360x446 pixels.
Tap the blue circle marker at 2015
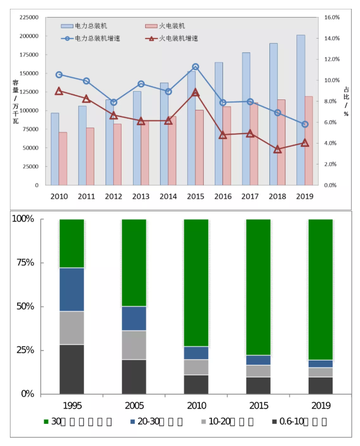pyautogui.click(x=195, y=67)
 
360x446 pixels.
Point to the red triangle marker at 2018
pyautogui.click(x=277, y=150)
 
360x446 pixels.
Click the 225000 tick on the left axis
pyautogui.click(x=28, y=17)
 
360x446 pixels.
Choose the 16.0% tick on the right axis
pyautogui.click(x=331, y=17)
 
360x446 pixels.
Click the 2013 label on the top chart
pyautogui.click(x=141, y=196)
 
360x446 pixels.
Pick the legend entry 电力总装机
pyautogui.click(x=91, y=26)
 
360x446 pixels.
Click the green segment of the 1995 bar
pyautogui.click(x=72, y=243)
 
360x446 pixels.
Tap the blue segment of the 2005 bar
pyautogui.click(x=134, y=318)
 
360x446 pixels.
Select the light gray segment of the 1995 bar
pyautogui.click(x=72, y=328)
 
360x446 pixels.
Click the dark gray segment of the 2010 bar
pyautogui.click(x=196, y=384)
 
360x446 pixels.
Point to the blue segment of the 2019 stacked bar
pyautogui.click(x=320, y=364)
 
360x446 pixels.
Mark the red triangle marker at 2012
pyautogui.click(x=114, y=115)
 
